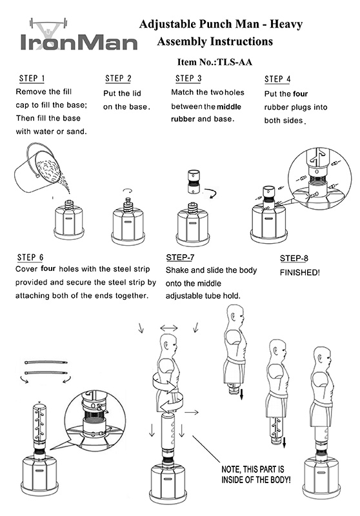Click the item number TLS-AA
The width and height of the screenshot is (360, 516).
[x=235, y=62]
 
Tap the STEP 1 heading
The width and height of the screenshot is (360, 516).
[x=32, y=79]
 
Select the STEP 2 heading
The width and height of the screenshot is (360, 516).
[x=118, y=79]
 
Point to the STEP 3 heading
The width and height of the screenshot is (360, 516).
[x=188, y=79]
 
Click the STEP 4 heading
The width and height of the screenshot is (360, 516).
[x=277, y=79]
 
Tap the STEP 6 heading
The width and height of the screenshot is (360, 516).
[x=30, y=257]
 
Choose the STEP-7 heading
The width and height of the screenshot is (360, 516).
[x=181, y=257]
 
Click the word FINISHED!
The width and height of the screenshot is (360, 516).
[x=300, y=272]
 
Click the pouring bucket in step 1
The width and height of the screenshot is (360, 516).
[x=38, y=169]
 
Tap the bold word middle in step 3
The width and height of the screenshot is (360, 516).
[x=229, y=106]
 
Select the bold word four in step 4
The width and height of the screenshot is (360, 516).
[x=301, y=94]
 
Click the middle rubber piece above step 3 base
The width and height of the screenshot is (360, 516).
[x=193, y=183]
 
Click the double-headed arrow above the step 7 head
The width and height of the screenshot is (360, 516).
[x=169, y=328]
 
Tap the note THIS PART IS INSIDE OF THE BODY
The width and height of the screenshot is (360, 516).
[x=256, y=474]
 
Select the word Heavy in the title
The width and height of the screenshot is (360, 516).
[x=286, y=25]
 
